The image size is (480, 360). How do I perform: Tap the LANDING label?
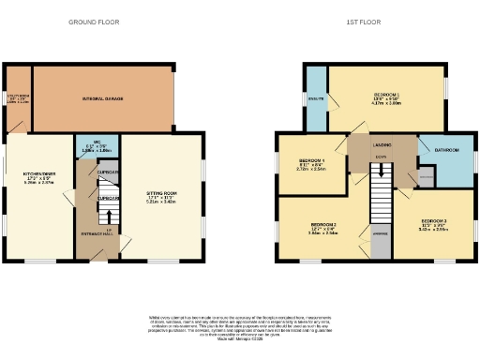(x=381, y=145)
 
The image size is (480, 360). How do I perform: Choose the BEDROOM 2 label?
(x=323, y=225)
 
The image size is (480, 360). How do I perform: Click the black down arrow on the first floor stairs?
(x=381, y=170)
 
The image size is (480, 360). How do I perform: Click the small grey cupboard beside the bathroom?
(x=427, y=175)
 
